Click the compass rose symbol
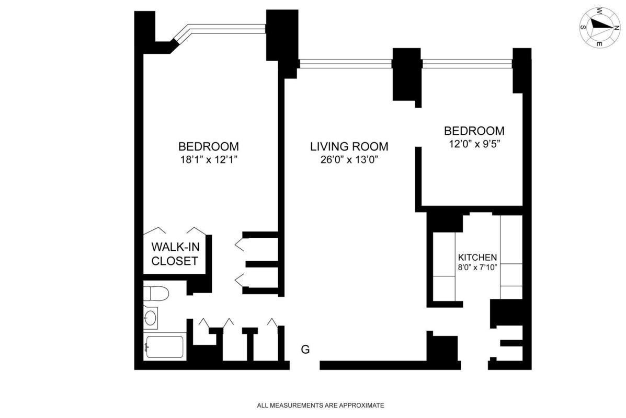click(599, 27)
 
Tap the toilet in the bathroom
click(156, 294)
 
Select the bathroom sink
click(151, 317)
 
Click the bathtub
click(165, 347)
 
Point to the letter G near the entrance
click(305, 350)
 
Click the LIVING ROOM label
click(349, 146)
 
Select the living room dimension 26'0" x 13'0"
click(349, 160)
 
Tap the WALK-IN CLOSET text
click(175, 253)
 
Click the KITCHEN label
click(477, 258)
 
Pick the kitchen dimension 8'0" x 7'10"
click(477, 268)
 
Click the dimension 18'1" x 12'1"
click(208, 160)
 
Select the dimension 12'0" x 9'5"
click(474, 144)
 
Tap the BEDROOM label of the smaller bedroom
click(474, 131)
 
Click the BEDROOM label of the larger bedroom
click(208, 146)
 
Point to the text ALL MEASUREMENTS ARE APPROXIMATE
click(321, 405)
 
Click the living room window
click(345, 64)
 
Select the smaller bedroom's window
click(467, 64)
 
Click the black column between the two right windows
click(406, 73)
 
